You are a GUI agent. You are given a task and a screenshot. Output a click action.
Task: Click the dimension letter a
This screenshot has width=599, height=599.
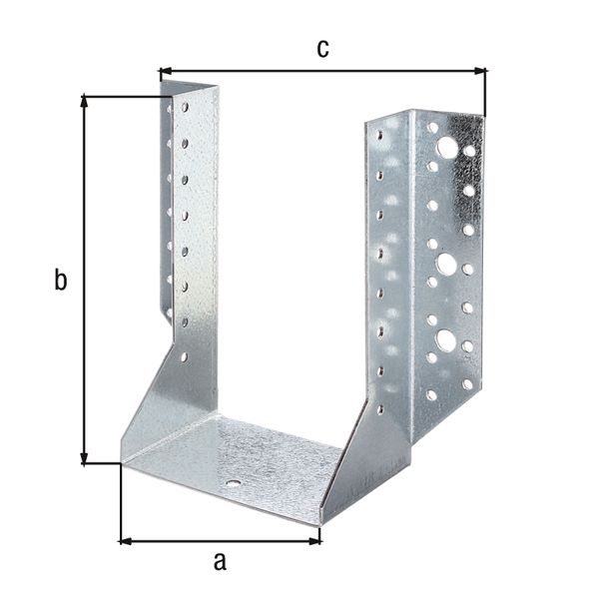click(x=220, y=561)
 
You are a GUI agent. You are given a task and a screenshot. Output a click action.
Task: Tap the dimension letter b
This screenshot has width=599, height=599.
click(x=61, y=281)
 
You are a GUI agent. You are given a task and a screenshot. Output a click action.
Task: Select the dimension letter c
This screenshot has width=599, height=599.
click(x=322, y=49)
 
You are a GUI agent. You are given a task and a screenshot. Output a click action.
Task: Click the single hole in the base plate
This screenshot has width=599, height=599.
click(x=233, y=483)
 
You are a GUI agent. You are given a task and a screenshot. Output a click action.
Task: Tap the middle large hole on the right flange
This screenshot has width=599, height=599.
click(x=446, y=264)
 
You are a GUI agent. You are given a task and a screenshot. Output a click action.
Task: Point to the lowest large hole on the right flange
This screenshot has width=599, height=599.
click(x=445, y=340)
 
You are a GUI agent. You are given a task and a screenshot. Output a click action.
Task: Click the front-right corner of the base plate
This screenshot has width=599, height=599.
click(x=321, y=522)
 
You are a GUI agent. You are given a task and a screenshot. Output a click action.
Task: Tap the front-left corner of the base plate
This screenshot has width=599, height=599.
click(x=122, y=463)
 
